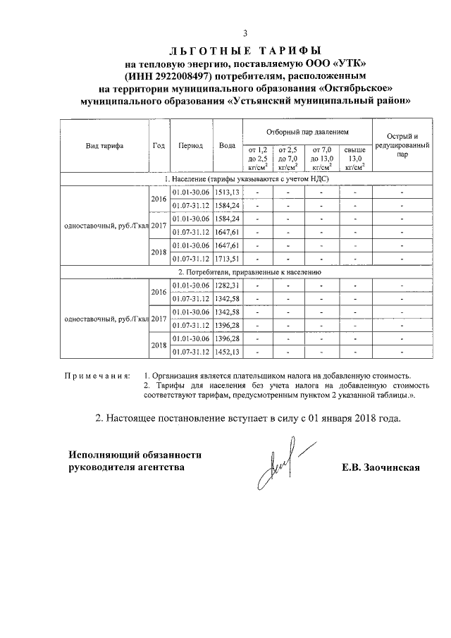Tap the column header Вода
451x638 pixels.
tap(227, 146)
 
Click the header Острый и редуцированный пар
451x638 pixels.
tap(402, 146)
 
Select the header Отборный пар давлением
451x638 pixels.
tap(307, 132)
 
